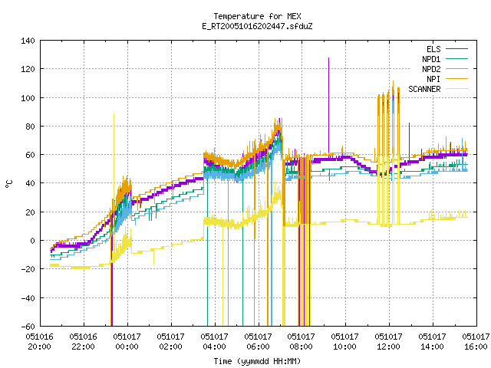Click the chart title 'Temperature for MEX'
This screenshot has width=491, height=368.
(257, 16)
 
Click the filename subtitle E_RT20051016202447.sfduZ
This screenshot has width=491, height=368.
(257, 26)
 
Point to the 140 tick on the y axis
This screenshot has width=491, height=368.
(28, 41)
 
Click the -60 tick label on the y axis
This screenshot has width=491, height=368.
(28, 327)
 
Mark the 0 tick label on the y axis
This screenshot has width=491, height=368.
(32, 241)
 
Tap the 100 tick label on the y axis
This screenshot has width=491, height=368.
(28, 98)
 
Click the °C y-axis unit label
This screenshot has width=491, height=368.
(9, 184)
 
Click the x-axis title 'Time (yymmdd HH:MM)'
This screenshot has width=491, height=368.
(257, 361)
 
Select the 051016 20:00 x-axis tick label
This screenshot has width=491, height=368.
(40, 342)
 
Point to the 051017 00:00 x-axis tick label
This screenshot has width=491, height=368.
(127, 342)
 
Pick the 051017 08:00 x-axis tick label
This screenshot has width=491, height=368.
(302, 342)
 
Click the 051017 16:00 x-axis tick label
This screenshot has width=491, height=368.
(476, 342)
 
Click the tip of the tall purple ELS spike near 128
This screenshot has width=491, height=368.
(328, 58)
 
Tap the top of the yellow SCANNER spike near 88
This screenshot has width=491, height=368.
(114, 114)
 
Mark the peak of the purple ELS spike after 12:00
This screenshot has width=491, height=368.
(409, 123)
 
